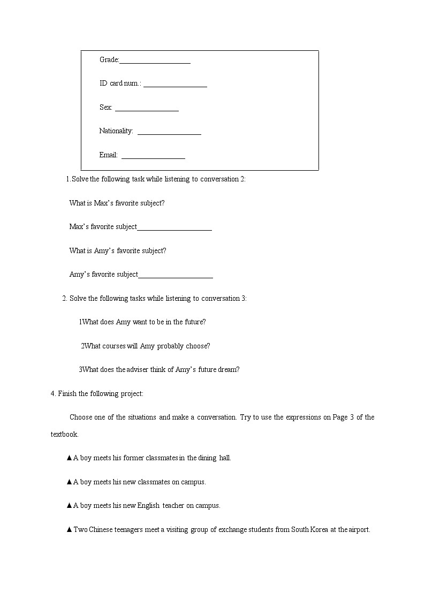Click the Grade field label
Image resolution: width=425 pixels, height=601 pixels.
109,59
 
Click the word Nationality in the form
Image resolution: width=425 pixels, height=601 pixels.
116,131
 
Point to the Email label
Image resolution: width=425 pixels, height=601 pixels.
108,155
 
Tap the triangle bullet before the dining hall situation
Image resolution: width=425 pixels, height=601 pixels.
69,458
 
